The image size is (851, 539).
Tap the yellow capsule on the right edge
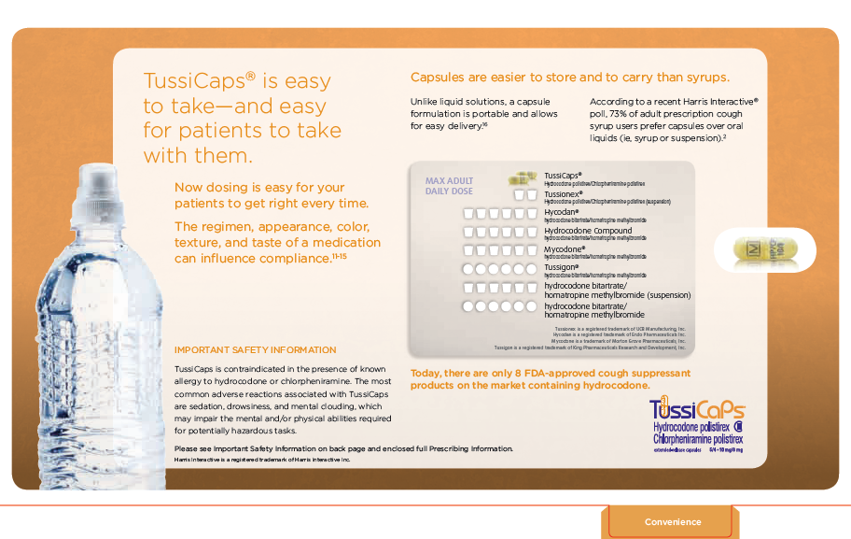pyautogui.click(x=765, y=250)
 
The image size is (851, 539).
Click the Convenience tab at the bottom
pyautogui.click(x=673, y=522)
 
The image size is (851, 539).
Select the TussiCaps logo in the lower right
pyautogui.click(x=697, y=411)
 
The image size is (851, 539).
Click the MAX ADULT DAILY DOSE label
pyautogui.click(x=450, y=186)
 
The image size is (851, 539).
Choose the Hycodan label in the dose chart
pyautogui.click(x=561, y=213)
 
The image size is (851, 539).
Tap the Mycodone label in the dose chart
pyautogui.click(x=565, y=249)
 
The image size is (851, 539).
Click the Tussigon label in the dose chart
pyautogui.click(x=563, y=268)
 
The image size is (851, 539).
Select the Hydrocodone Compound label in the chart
pyautogui.click(x=588, y=231)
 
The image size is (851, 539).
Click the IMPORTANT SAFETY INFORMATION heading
pyautogui.click(x=255, y=350)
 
